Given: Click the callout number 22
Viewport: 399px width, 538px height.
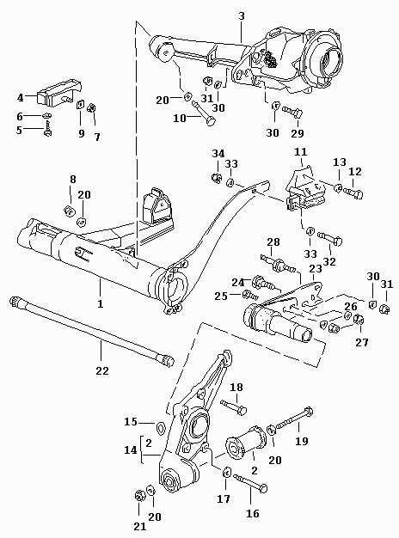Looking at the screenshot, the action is [x=102, y=370].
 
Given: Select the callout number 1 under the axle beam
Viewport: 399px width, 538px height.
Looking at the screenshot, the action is [x=101, y=303].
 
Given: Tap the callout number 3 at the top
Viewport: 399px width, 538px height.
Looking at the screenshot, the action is [x=242, y=16].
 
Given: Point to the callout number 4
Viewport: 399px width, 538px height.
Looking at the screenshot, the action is [x=21, y=98].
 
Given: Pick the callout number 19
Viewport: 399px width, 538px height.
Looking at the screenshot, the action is [x=302, y=441].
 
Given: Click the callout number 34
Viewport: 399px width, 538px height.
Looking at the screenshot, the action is [x=218, y=153].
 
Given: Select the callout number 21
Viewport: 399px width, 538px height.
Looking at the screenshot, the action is [x=140, y=526].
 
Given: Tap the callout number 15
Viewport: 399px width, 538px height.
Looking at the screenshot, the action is [x=131, y=422].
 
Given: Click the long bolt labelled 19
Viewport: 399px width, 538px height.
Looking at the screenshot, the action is [x=294, y=419].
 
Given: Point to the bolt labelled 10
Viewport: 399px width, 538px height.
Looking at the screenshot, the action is [x=206, y=113].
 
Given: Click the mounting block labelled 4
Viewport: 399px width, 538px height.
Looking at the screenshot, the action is [x=59, y=93].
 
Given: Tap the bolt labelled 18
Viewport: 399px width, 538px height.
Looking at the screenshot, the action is [x=234, y=407].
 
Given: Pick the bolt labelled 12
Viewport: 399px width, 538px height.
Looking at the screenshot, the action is [x=353, y=193].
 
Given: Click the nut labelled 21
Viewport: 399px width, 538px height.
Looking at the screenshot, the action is [x=139, y=496].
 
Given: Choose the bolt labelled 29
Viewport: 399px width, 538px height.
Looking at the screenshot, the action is [x=293, y=112].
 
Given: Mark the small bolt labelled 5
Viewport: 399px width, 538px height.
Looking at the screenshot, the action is [x=47, y=130].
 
